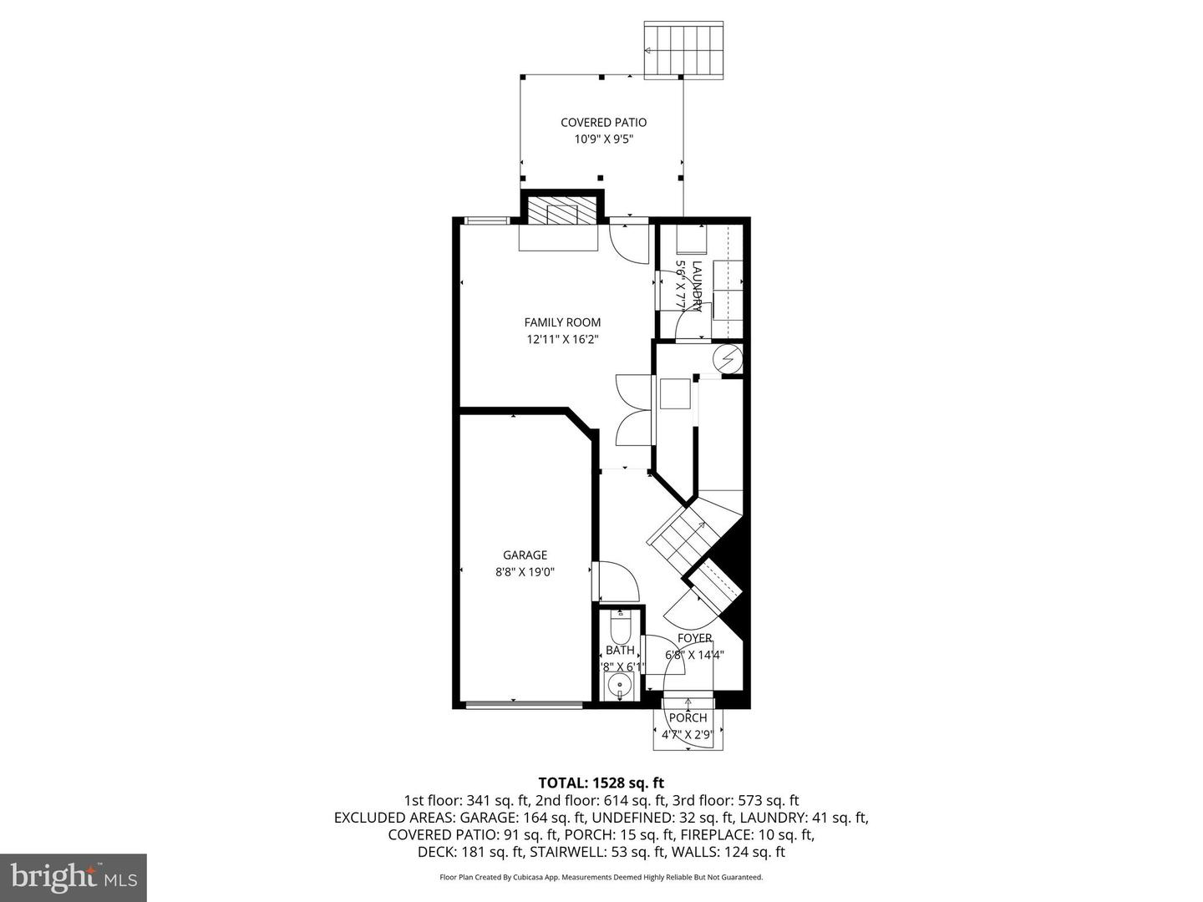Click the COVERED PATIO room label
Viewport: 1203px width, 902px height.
click(x=603, y=123)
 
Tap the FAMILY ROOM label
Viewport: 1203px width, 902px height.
click(x=562, y=322)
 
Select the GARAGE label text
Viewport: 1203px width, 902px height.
click(x=525, y=555)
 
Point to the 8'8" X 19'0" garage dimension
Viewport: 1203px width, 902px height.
click(x=525, y=572)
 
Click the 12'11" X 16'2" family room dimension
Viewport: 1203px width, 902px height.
click(x=562, y=339)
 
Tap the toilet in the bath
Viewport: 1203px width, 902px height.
click(x=620, y=626)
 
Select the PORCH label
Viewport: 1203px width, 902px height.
click(x=688, y=717)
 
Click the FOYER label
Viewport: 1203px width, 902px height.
click(x=694, y=638)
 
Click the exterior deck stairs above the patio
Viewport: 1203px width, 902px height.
click(x=683, y=50)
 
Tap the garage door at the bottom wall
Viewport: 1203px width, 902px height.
click(x=524, y=705)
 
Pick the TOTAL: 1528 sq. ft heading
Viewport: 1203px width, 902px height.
click(x=601, y=783)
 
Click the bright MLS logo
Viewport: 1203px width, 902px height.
click(x=74, y=877)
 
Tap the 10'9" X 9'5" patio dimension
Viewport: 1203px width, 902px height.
click(x=603, y=139)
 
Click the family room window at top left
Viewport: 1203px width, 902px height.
click(x=486, y=220)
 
